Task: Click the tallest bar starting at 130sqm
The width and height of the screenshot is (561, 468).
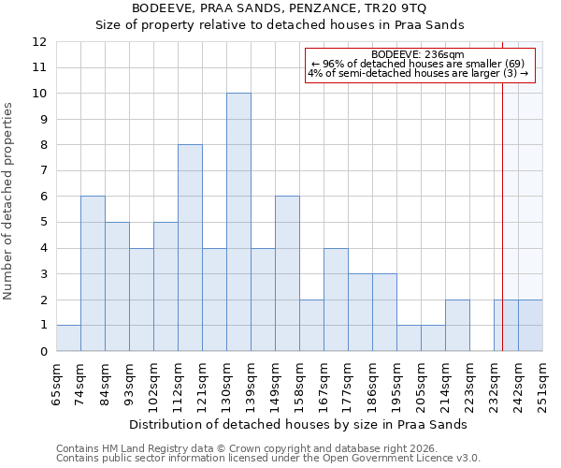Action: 238,222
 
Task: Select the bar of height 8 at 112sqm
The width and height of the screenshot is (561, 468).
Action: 190,248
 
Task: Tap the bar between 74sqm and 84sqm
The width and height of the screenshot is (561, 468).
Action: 93,273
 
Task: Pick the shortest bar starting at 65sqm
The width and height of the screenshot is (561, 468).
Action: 68,338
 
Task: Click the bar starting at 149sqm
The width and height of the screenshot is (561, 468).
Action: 287,273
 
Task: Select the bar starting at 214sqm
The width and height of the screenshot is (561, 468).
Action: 457,325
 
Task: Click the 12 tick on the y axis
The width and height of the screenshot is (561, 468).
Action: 39,42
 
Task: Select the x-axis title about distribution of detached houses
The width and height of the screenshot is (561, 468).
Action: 298,424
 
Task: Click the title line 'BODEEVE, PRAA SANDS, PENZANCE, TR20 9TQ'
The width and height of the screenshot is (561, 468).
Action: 280,8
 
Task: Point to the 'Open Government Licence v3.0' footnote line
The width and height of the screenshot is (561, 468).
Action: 268,459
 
